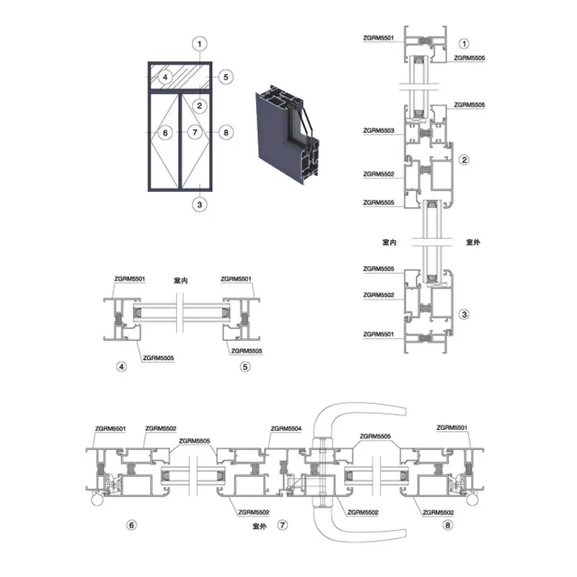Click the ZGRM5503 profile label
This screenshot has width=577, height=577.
[x=378, y=131]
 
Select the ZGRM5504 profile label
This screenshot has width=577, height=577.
[x=286, y=428]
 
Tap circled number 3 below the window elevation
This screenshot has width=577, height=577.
[x=200, y=205]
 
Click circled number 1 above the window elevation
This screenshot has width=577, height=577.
[x=200, y=44]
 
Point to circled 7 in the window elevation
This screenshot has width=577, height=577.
[x=195, y=132]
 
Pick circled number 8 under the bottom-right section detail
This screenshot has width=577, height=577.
[x=447, y=525]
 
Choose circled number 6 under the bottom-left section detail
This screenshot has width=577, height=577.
[x=131, y=525]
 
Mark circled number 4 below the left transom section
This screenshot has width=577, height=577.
[x=121, y=366]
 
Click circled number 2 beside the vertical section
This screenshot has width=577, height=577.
[x=464, y=159]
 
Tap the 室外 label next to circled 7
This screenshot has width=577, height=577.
[x=260, y=527]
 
